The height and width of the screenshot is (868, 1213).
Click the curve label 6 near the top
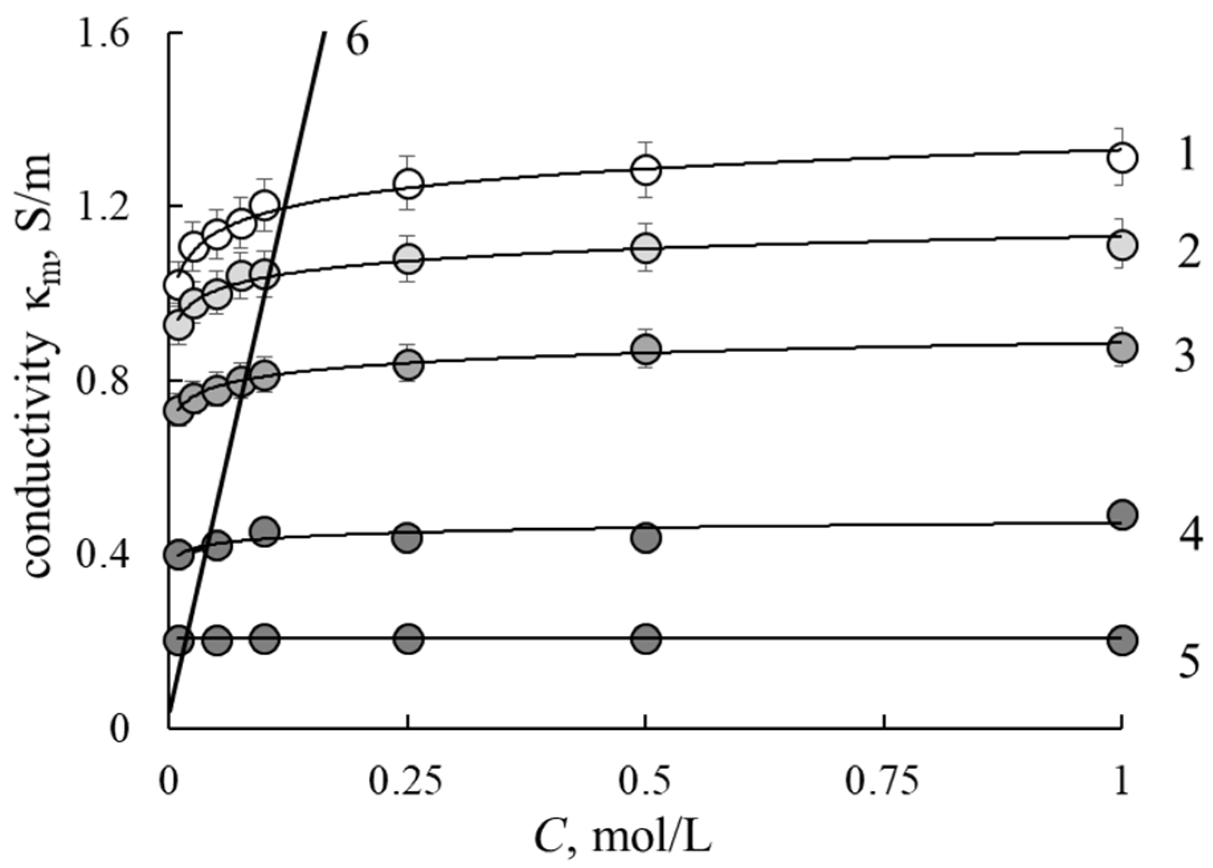[357, 41]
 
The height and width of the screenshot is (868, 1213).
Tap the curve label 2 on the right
[1188, 252]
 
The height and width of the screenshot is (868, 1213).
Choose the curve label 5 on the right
[1188, 661]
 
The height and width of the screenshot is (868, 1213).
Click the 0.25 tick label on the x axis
[407, 781]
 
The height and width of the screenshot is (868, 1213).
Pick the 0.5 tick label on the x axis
[645, 781]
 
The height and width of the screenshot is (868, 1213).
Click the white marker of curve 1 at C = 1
[1122, 158]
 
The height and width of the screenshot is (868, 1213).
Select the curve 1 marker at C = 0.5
[646, 169]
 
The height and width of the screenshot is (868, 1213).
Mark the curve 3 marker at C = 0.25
[408, 365]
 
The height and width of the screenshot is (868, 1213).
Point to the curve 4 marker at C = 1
[1122, 515]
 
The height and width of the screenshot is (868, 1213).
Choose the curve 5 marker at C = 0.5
[646, 638]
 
